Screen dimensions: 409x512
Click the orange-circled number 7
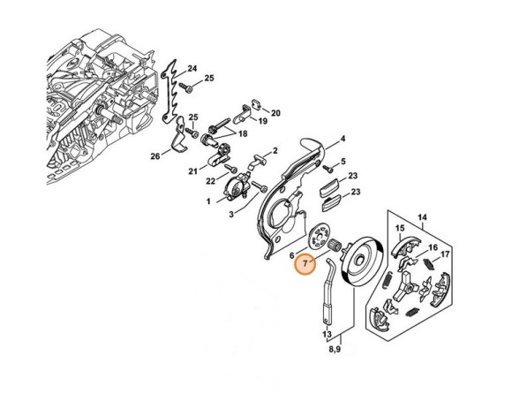[305, 263]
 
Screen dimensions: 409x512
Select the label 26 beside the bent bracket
[154, 157]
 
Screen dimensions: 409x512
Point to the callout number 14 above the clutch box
[422, 216]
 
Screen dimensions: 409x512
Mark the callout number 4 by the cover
[343, 139]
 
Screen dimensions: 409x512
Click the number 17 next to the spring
[444, 254]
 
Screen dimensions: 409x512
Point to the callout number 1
[208, 201]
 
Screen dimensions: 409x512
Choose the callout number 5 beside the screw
[342, 163]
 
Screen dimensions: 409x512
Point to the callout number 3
[232, 214]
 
